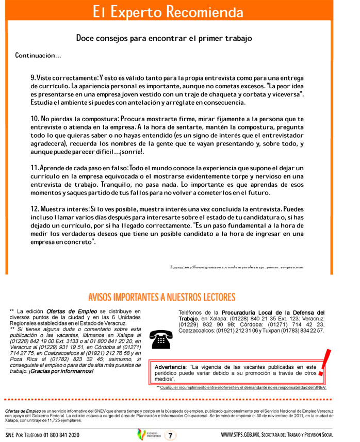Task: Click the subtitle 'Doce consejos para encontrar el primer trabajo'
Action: [x=163, y=38]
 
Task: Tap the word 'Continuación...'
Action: [x=38, y=55]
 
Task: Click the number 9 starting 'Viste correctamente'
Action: [x=33, y=77]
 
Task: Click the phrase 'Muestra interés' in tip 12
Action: [x=65, y=209]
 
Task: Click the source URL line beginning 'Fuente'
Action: [x=237, y=267]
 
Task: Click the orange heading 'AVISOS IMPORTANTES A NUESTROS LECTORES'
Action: [x=161, y=298]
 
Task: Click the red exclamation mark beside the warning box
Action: [x=324, y=363]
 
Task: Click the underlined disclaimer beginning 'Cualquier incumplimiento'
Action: [x=242, y=387]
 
